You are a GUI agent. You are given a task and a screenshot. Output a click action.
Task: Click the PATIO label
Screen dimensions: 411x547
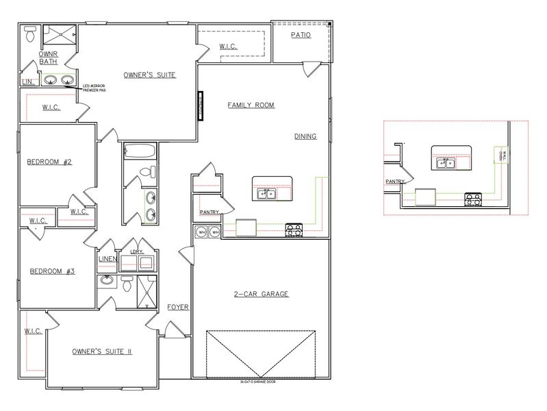click(x=301, y=34)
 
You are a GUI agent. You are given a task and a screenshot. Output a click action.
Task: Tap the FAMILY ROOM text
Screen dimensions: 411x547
click(x=251, y=105)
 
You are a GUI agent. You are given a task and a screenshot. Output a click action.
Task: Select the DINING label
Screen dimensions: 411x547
click(x=305, y=136)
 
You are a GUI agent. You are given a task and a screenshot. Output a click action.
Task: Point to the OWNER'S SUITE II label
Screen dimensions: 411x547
click(x=101, y=351)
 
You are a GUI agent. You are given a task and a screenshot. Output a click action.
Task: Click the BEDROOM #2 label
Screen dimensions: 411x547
click(x=49, y=162)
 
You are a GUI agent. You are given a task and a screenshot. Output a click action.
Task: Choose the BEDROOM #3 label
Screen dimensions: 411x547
click(x=52, y=271)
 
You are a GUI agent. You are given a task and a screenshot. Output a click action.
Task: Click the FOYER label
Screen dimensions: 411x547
click(x=179, y=308)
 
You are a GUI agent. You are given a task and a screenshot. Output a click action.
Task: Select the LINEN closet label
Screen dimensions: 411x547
click(x=108, y=259)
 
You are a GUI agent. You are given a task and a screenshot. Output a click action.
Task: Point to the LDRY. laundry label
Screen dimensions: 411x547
click(x=135, y=252)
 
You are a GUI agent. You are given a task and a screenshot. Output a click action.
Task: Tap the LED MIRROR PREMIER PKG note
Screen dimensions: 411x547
click(x=96, y=88)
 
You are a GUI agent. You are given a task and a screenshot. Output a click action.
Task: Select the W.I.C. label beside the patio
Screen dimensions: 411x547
click(x=229, y=47)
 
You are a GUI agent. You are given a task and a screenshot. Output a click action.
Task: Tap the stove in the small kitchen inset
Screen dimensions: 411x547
click(x=472, y=199)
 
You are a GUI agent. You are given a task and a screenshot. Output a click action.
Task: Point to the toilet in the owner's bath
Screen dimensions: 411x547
click(x=30, y=34)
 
